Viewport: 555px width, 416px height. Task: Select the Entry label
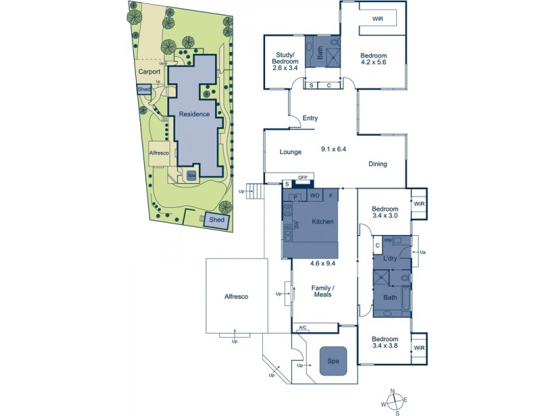tap(310, 119)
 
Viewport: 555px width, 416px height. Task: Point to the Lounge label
tap(290, 151)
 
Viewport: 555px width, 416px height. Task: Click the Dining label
tap(377, 164)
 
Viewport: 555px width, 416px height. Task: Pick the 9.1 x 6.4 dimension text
tap(333, 148)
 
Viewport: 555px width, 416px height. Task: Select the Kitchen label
tap(323, 222)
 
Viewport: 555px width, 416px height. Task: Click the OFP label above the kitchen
tap(302, 178)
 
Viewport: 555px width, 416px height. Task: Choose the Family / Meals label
tap(322, 291)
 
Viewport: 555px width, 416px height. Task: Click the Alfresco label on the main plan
tap(236, 297)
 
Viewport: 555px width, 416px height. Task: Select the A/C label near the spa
tap(302, 327)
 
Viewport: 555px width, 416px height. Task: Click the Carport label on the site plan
tap(148, 71)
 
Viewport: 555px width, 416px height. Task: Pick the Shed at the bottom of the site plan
tap(217, 220)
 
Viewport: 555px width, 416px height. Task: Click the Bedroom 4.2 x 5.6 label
tap(373, 60)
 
